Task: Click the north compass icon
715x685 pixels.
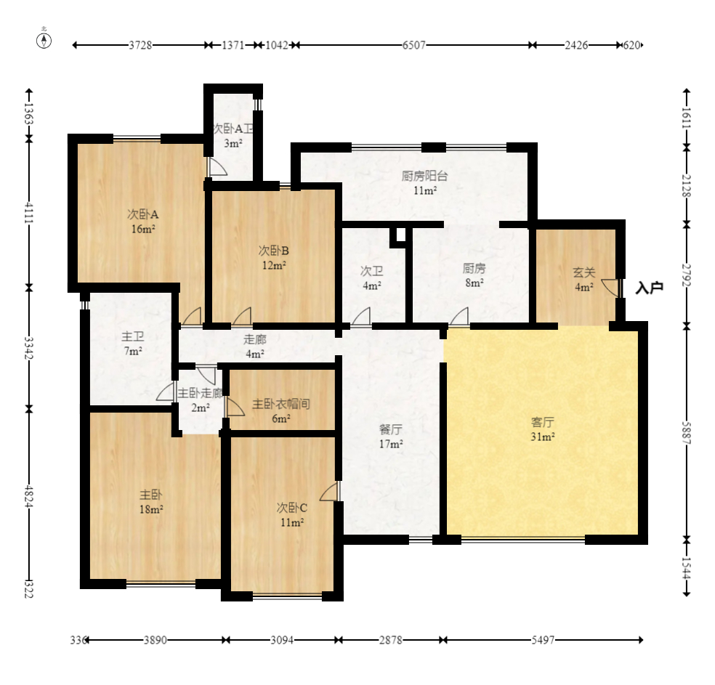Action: pos(44,41)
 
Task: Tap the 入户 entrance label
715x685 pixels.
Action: pos(649,288)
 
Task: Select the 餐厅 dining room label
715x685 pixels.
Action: pos(391,429)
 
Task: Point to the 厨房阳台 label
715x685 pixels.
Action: pos(424,176)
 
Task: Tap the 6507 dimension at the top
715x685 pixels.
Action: pos(413,45)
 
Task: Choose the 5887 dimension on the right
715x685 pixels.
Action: pos(687,432)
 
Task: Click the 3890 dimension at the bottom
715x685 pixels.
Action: pos(155,640)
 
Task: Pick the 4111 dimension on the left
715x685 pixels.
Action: pos(29,213)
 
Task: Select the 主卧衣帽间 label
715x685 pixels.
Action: pos(281,404)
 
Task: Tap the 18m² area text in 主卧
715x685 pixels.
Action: pos(151,509)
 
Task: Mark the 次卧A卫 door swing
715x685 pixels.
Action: pos(217,167)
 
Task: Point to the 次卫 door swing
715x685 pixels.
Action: pos(361,316)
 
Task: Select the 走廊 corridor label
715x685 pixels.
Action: pos(255,339)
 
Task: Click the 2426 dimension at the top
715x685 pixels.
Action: pos(576,45)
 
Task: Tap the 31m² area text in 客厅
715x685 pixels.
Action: pos(543,437)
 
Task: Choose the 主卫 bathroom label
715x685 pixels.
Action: pos(133,337)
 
